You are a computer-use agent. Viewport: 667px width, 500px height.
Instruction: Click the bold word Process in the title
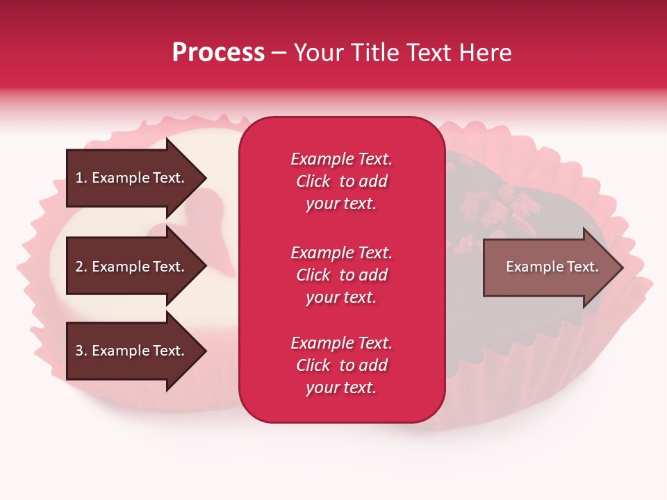pos(218,53)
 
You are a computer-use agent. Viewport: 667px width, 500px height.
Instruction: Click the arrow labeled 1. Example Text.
pos(130,178)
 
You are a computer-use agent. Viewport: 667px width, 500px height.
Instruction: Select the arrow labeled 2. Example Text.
pos(130,267)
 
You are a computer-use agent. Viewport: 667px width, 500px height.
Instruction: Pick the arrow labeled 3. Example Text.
pos(130,351)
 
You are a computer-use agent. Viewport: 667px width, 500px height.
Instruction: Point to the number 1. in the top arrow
pos(81,178)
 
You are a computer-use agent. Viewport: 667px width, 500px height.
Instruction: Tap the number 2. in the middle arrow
pos(81,267)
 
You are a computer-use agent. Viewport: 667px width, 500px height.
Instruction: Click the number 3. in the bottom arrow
pos(81,351)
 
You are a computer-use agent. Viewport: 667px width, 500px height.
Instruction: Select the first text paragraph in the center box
pos(341,181)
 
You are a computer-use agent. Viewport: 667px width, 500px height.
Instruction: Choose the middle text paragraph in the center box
pos(341,275)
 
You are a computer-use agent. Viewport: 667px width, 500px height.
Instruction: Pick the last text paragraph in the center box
pos(341,365)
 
